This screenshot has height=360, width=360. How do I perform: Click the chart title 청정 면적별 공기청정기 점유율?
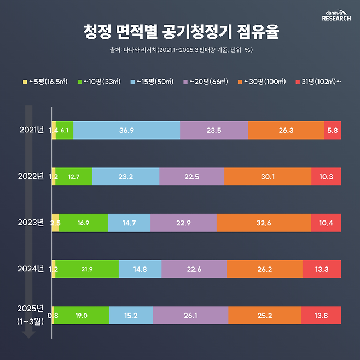pos(180,31)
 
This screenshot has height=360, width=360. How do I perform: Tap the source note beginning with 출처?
pos(180,50)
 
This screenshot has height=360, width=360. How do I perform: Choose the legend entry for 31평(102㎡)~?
pos(319,82)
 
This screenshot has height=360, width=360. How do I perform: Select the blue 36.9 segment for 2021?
pos(126,130)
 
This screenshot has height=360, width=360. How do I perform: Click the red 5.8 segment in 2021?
pos(332,130)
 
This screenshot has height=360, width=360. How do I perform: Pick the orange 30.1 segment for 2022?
pos(268,177)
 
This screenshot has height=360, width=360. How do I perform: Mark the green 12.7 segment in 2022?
pos(74,177)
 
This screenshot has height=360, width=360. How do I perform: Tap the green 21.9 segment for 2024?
pos(87,269)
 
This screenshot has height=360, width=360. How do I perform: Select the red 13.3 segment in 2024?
pos(322,269)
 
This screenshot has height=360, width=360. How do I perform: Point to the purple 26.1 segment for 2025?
pos(190,315)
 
